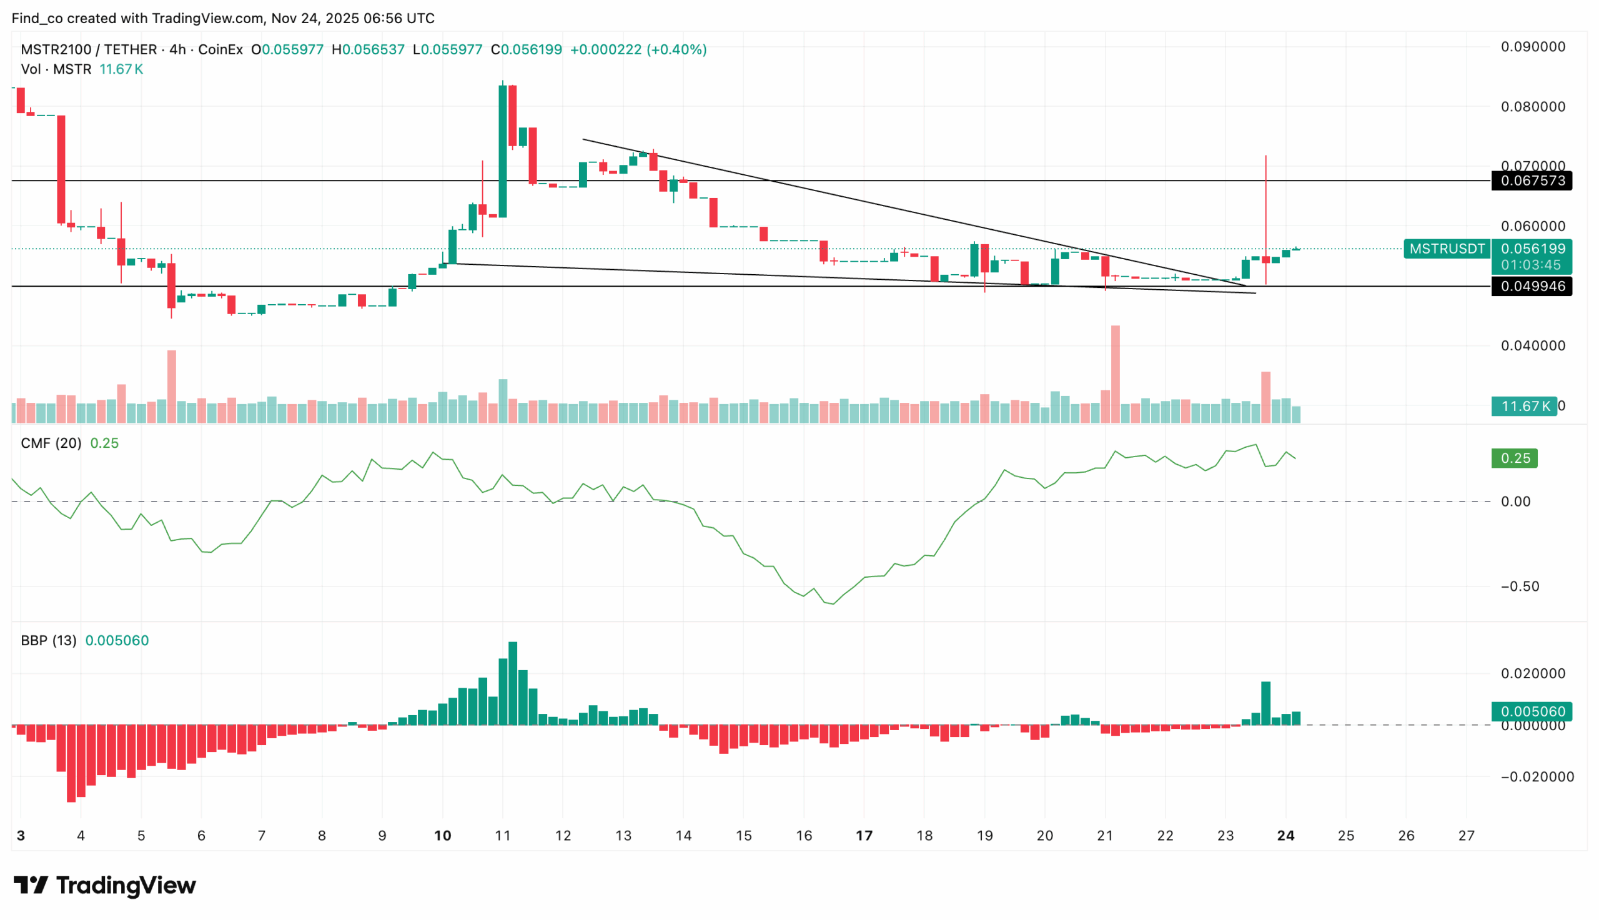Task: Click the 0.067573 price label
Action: point(1532,181)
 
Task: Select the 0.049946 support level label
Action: point(1532,286)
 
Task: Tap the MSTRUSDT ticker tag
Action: point(1447,249)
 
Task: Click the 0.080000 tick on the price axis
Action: point(1533,107)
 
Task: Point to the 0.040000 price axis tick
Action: point(1533,345)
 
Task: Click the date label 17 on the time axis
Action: point(864,836)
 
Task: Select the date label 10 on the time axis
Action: point(442,836)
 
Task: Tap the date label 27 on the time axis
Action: point(1466,836)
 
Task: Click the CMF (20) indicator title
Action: point(51,443)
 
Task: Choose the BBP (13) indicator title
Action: point(49,641)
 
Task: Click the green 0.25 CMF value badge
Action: point(1514,458)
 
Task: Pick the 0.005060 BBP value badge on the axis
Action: point(1532,711)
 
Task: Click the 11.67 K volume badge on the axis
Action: point(1525,407)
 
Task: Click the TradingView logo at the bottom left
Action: point(105,885)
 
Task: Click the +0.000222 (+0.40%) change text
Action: point(638,50)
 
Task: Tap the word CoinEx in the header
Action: point(220,50)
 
